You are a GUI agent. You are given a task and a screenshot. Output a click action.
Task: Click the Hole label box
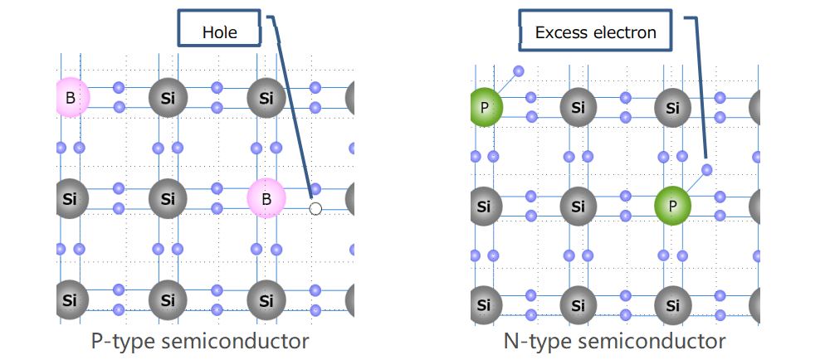tap(219, 32)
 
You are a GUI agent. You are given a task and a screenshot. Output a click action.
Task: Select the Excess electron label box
tap(595, 32)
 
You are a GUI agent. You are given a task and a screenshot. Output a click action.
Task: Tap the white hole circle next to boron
tap(315, 208)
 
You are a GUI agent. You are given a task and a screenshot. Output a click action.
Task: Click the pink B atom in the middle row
tap(266, 199)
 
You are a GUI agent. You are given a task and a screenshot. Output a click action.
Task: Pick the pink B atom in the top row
tap(71, 99)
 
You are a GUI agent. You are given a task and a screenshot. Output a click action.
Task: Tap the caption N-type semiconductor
tap(614, 340)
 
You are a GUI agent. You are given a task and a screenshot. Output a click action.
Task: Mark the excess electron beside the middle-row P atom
tap(706, 170)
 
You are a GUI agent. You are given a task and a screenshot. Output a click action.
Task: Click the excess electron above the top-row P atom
tap(519, 71)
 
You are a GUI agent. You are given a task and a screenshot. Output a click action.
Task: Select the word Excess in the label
tap(558, 32)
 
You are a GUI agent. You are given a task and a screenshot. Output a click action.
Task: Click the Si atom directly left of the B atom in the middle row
tap(168, 199)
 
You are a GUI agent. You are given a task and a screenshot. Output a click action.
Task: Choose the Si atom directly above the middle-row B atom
tap(266, 99)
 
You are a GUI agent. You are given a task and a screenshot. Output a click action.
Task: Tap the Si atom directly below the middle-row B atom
tap(266, 299)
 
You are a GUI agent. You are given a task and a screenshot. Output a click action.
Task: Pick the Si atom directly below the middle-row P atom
tap(673, 305)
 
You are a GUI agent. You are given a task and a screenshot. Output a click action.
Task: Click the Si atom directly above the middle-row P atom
tap(673, 107)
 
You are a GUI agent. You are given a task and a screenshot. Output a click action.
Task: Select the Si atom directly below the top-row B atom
tap(70, 199)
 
